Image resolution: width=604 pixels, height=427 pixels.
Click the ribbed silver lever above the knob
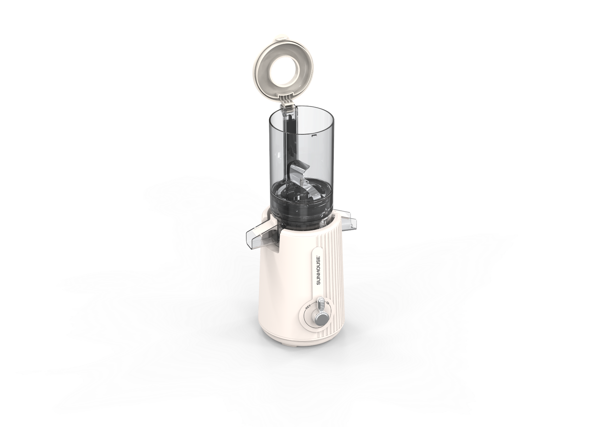[x=322, y=304]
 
